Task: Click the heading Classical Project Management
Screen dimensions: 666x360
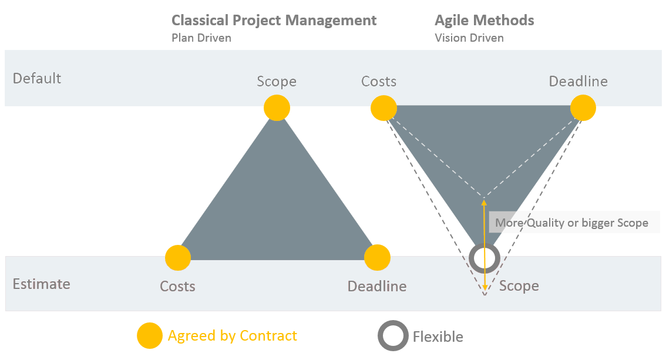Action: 274,21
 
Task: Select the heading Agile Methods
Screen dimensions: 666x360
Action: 484,21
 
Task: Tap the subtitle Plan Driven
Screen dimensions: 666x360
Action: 201,38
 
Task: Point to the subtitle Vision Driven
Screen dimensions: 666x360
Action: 469,38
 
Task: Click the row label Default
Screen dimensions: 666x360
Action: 37,78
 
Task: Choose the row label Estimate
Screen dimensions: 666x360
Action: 41,284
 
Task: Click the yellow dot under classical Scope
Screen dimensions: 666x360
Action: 277,108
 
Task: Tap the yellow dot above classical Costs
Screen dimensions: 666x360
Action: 178,258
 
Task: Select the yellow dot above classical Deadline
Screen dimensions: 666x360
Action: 377,258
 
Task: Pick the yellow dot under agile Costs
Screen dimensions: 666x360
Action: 384,108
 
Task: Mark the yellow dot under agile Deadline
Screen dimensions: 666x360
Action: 583,108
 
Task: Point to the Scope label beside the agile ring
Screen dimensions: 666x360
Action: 519,285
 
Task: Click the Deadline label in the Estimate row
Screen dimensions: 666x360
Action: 377,286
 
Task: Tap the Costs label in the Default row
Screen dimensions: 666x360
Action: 379,81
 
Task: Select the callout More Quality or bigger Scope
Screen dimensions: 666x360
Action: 571,223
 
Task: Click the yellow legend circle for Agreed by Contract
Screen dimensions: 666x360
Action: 150,335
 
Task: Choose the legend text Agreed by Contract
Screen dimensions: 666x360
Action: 233,336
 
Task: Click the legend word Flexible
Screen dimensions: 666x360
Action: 438,337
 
